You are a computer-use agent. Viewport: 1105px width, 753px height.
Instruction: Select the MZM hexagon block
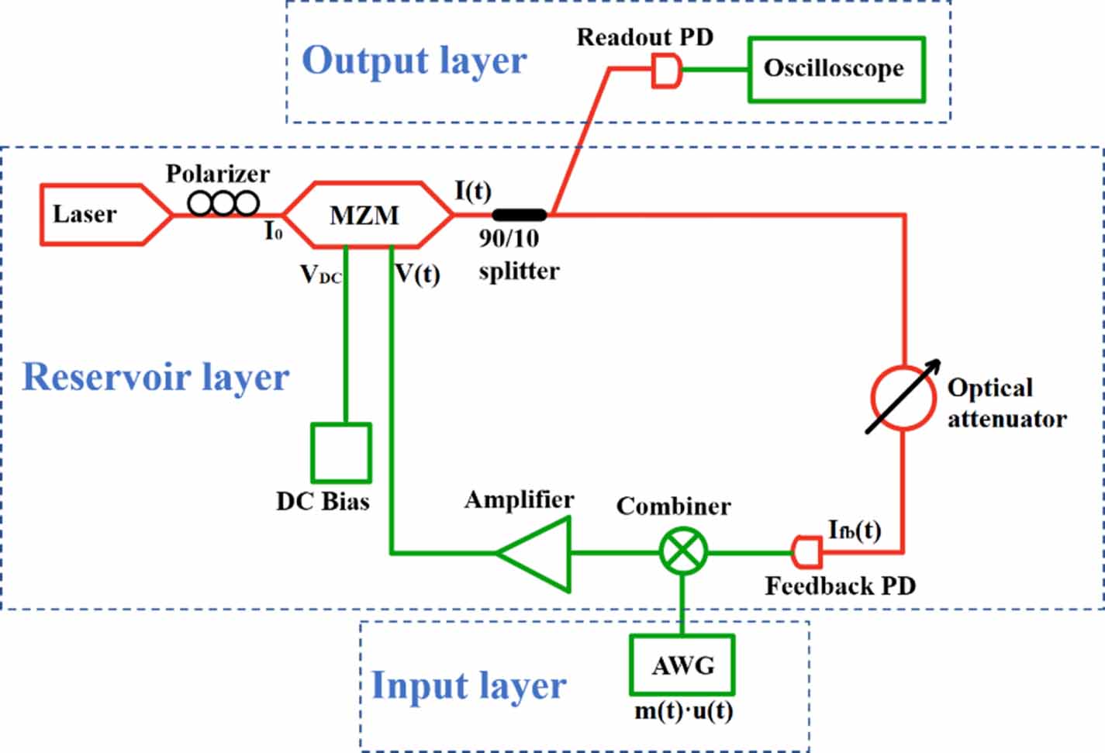pos(366,215)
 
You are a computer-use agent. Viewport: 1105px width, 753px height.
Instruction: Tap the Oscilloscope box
pos(835,69)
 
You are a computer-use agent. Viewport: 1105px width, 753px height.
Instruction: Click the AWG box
pos(682,665)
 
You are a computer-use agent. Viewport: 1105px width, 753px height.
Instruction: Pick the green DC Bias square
pos(341,453)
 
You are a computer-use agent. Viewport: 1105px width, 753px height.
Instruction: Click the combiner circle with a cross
pos(683,552)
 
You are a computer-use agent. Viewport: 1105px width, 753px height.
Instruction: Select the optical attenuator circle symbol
pos(902,397)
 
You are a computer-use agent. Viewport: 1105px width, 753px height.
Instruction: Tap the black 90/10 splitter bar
pos(520,215)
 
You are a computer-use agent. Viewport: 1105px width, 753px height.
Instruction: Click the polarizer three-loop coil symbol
pos(223,203)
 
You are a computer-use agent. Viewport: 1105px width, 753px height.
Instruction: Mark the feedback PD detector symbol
pos(806,552)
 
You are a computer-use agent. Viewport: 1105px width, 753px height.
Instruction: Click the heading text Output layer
pos(414,60)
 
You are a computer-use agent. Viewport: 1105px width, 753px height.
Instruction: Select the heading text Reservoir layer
pos(155,377)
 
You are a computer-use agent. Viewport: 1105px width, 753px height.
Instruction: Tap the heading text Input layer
pos(468,686)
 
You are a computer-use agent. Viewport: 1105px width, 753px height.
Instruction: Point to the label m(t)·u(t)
pos(683,710)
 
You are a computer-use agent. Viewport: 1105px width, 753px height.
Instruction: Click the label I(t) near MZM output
pos(472,190)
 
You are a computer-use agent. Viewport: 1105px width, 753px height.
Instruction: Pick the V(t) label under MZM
pos(417,274)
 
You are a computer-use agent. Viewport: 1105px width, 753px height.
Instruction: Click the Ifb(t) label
pos(854,530)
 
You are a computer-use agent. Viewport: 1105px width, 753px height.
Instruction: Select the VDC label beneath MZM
pos(320,275)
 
